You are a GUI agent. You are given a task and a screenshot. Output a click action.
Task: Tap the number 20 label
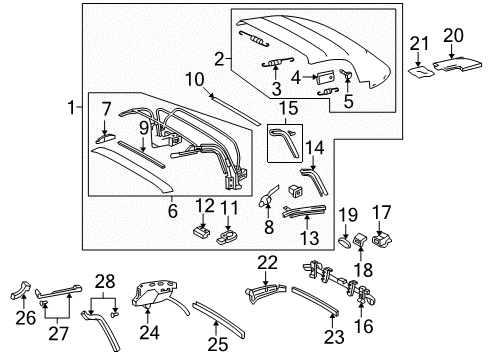coord(453,35)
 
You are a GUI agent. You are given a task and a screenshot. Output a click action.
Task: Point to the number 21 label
coord(422,42)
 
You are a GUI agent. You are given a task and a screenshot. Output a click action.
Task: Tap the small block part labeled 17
coord(381,240)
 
